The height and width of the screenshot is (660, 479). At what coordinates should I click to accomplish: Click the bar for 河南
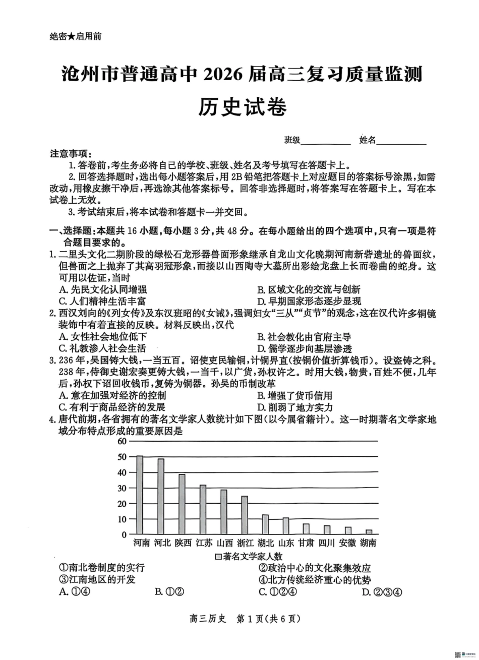point(140,495)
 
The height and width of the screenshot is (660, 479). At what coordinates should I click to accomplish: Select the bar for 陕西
point(182,504)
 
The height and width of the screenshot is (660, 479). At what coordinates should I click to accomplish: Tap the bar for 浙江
point(245,515)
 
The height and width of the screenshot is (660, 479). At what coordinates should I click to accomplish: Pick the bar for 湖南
point(369,532)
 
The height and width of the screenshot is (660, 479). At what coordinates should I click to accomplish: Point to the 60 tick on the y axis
point(121,441)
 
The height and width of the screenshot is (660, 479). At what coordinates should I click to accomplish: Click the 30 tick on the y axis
point(121,488)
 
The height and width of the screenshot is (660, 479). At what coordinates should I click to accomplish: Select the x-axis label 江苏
point(204,543)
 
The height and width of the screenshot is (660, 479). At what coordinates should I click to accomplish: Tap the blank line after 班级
point(326,141)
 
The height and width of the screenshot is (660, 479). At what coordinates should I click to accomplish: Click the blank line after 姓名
point(401,141)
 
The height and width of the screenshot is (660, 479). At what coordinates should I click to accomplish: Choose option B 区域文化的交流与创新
point(309,289)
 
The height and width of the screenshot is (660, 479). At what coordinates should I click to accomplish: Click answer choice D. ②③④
point(382,592)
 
